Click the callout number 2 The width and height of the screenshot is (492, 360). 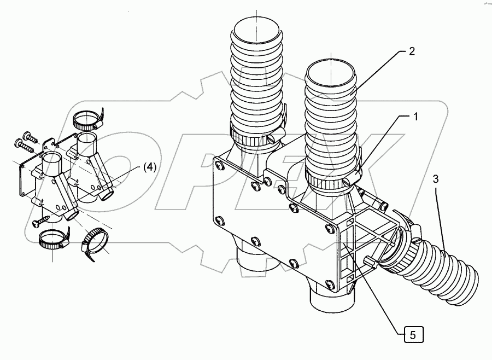pyautogui.click(x=411, y=52)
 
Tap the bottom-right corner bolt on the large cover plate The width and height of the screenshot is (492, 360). pyautogui.click(x=330, y=283)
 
